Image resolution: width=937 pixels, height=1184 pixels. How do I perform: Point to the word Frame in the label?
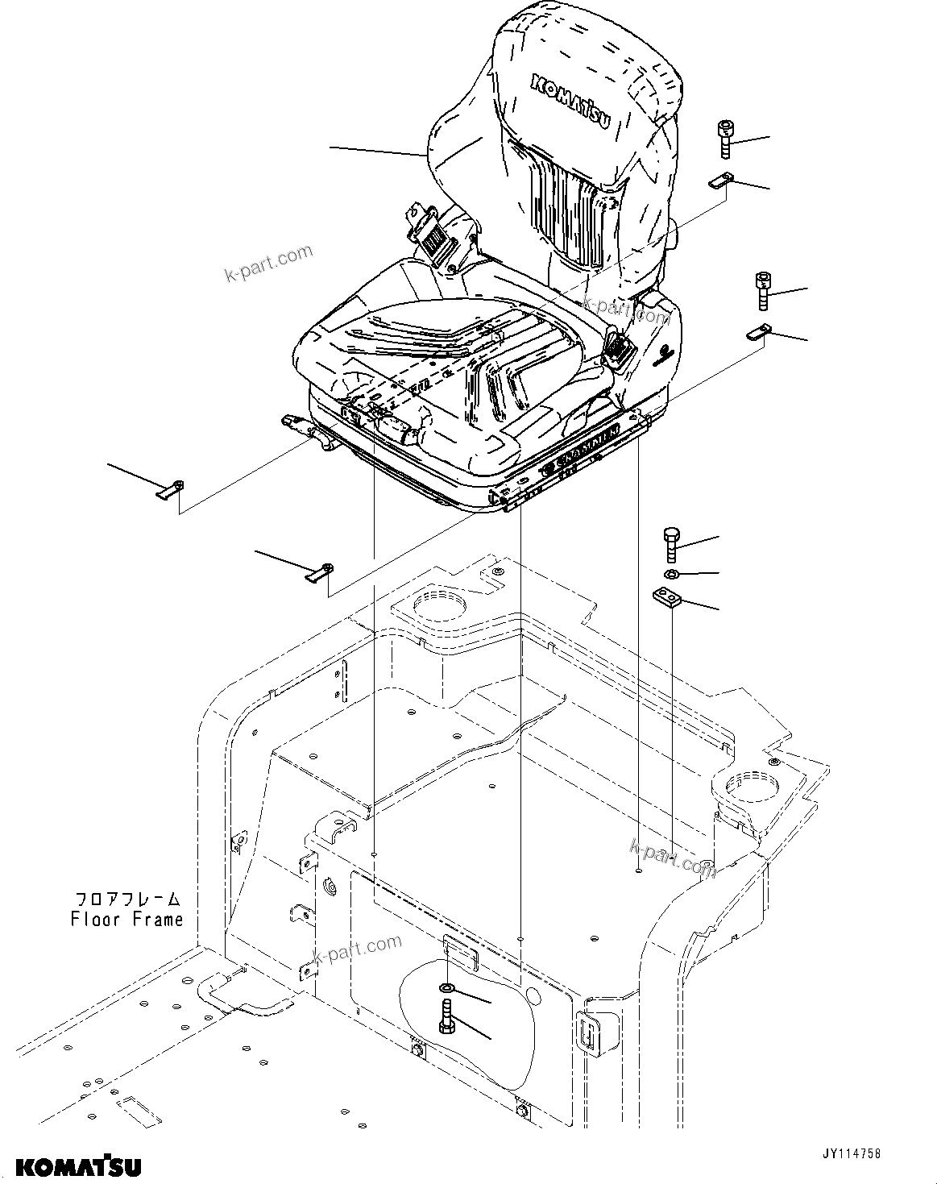click(x=158, y=919)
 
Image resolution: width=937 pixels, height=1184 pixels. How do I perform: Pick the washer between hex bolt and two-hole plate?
click(x=670, y=573)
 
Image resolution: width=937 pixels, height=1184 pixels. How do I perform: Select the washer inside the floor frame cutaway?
click(x=446, y=988)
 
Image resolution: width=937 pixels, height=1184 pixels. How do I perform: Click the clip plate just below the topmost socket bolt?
click(x=721, y=182)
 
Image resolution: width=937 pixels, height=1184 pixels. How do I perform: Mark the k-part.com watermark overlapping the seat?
click(x=626, y=309)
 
